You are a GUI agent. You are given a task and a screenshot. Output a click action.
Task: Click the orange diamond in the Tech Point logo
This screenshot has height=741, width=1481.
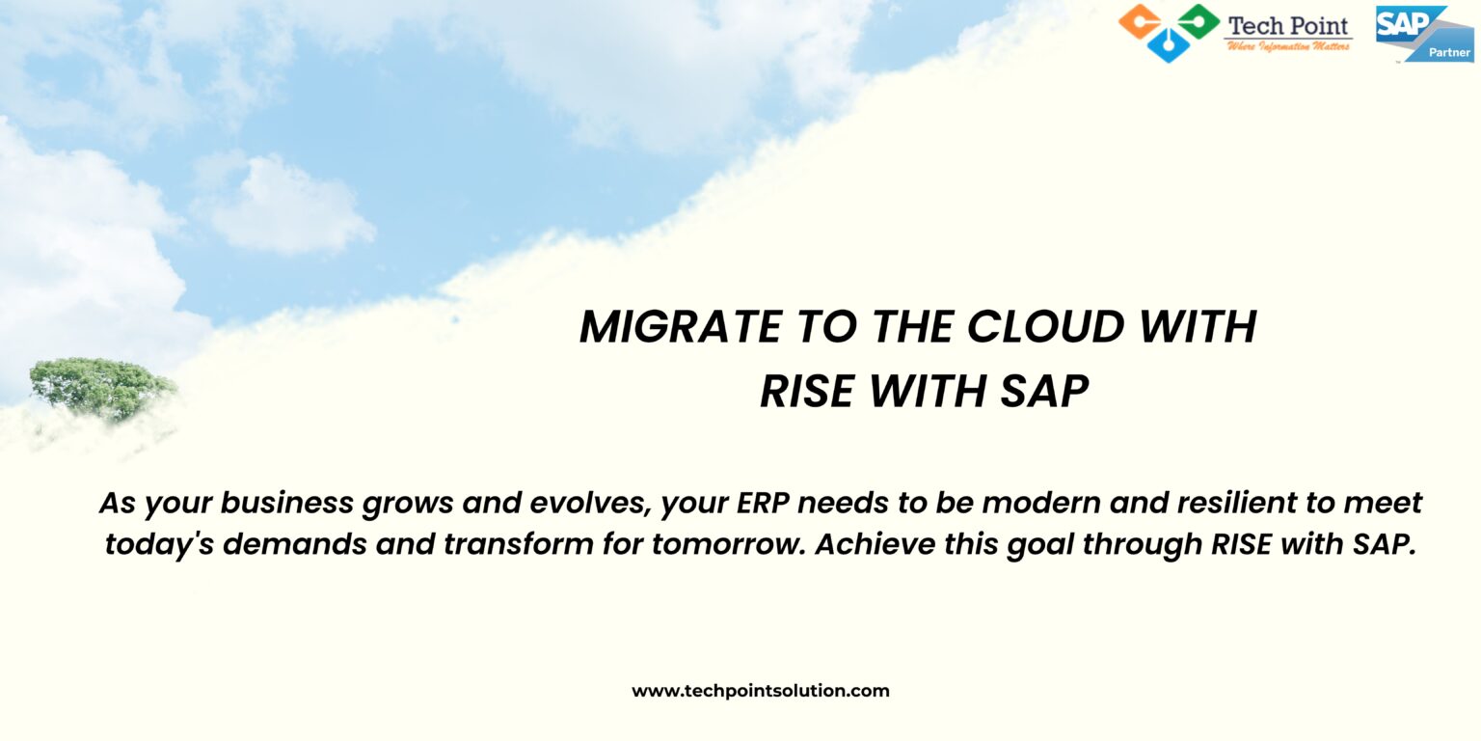click(1140, 20)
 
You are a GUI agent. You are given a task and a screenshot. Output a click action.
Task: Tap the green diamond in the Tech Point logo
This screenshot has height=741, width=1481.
click(1198, 20)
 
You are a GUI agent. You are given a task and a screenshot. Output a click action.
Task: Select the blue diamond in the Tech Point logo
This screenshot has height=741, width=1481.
click(1169, 44)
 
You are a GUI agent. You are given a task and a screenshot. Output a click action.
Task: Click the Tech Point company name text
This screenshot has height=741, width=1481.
click(1288, 25)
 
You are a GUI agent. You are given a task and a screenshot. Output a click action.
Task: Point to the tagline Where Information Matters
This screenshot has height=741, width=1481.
click(1288, 46)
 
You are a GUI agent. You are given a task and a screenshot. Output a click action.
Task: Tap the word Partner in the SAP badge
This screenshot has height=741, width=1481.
click(1448, 52)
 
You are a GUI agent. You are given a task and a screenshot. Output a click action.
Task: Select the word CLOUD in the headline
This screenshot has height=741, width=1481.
click(1046, 327)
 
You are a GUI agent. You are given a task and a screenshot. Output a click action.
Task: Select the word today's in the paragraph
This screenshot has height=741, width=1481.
click(160, 544)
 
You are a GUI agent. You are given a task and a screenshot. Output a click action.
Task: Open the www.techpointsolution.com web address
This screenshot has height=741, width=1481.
click(760, 691)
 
